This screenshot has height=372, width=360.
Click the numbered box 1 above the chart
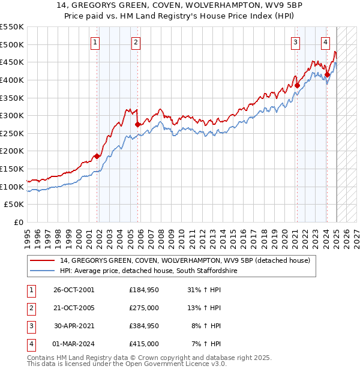coord(96,42)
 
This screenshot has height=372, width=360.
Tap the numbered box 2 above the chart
coord(136,42)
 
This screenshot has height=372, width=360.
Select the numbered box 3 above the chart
coord(296,42)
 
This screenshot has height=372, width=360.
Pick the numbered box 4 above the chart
coord(325,42)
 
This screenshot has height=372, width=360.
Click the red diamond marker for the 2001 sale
coord(97,156)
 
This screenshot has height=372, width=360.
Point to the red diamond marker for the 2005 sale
coord(138,124)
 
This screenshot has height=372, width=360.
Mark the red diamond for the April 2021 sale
coord(297,85)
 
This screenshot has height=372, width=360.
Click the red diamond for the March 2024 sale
coord(327,74)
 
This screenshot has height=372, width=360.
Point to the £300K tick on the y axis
coord(12,115)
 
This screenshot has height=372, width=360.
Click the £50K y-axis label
coord(14,205)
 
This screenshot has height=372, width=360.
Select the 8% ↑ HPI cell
coord(205,327)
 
